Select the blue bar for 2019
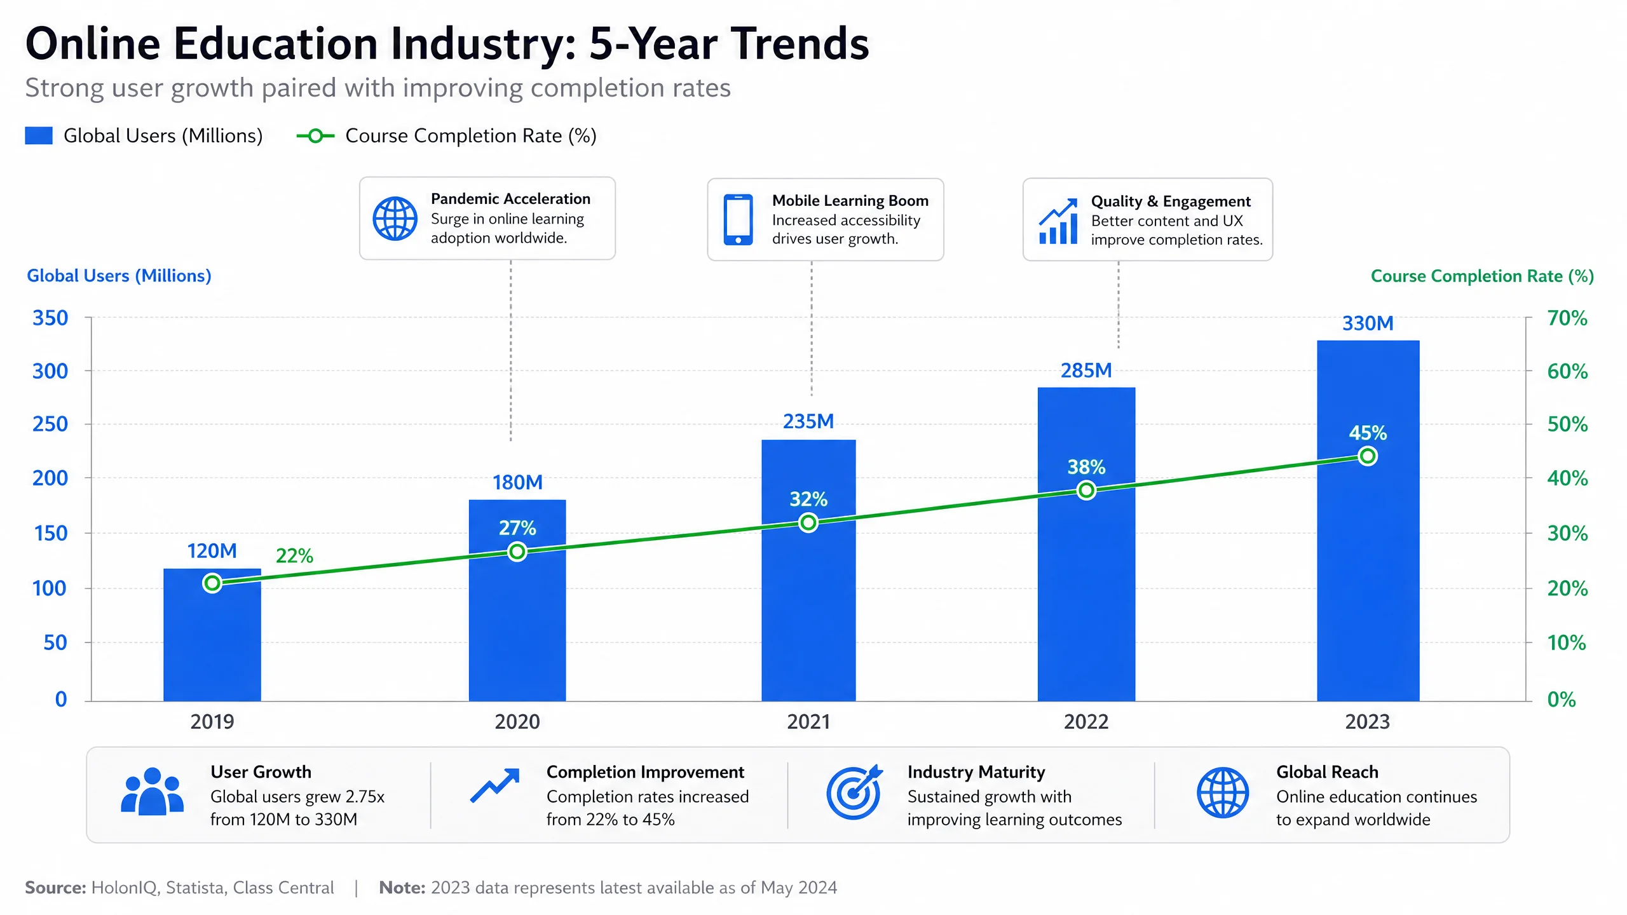pyautogui.click(x=212, y=635)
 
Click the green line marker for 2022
pyautogui.click(x=1086, y=491)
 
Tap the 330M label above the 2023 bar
pyautogui.click(x=1368, y=323)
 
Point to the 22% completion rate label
pyautogui.click(x=294, y=556)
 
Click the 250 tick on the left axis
pyautogui.click(x=50, y=424)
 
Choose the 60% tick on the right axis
pyautogui.click(x=1567, y=371)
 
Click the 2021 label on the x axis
pyautogui.click(x=808, y=722)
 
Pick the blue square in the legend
pyautogui.click(x=39, y=135)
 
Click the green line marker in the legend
pyautogui.click(x=315, y=135)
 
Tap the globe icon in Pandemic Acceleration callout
pyautogui.click(x=395, y=219)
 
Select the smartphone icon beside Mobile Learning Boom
pyautogui.click(x=738, y=220)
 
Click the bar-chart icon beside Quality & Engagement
pyautogui.click(x=1058, y=221)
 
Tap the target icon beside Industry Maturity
pyautogui.click(x=854, y=792)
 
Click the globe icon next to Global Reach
pyautogui.click(x=1223, y=792)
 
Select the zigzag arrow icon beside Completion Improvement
pyautogui.click(x=495, y=785)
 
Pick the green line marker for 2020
pyautogui.click(x=517, y=552)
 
